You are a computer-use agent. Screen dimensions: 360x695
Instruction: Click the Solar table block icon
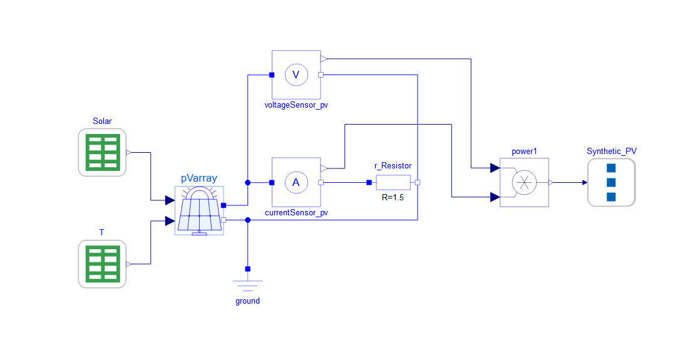coord(102,152)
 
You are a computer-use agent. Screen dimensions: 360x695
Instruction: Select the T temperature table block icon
coord(102,264)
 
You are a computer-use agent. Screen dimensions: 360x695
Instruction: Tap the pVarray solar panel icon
coord(199,211)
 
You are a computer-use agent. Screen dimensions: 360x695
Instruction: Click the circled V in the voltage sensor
coord(296,75)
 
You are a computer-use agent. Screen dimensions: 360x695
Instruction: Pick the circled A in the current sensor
coord(296,182)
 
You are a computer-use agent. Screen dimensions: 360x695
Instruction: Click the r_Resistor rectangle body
coord(393,182)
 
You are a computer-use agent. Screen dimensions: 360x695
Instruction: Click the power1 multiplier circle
coord(524,182)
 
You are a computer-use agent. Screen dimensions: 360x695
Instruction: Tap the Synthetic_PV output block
coord(611,182)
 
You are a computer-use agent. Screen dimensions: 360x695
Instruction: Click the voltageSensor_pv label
coord(296,105)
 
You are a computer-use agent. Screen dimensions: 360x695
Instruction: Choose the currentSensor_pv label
coord(296,212)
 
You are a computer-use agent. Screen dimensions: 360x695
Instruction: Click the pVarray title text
coord(199,178)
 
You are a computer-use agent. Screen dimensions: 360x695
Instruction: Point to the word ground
coord(247,301)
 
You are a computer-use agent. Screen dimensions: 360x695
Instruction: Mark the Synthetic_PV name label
coord(611,151)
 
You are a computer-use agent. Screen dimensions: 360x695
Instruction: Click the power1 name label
coord(524,151)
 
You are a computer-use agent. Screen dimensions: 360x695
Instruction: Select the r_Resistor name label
coord(393,166)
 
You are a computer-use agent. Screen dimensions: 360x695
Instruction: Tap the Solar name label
coord(102,121)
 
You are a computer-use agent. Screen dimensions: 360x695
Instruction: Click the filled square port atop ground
coord(247,269)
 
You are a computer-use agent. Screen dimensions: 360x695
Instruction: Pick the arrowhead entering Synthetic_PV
coord(584,182)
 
